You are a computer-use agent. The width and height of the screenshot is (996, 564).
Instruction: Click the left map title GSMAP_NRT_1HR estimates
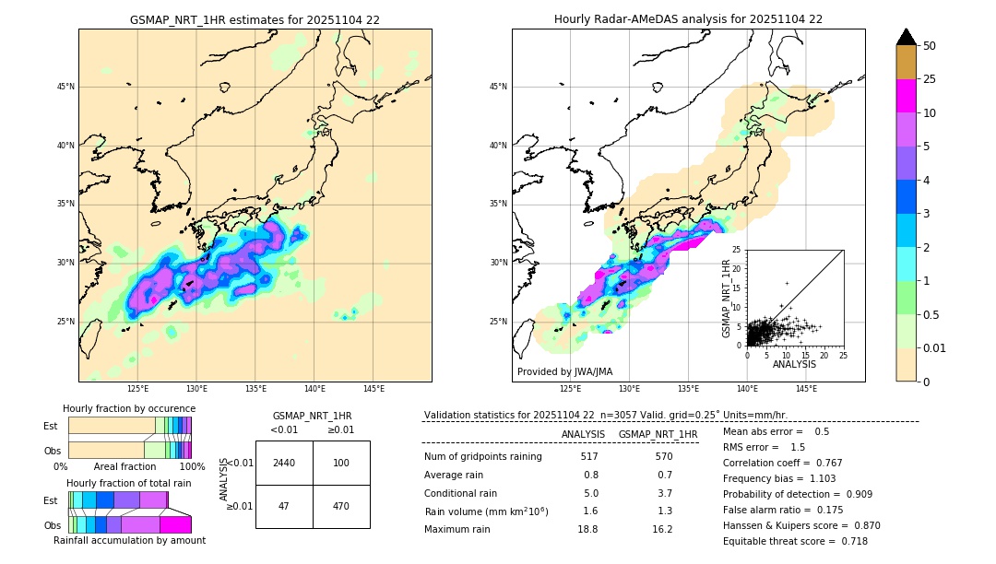coord(255,19)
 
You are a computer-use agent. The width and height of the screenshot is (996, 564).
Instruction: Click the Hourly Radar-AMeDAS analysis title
coord(688,19)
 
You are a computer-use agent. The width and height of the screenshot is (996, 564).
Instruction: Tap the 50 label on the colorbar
coord(930,46)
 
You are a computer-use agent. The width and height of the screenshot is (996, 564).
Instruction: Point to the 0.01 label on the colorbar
coord(935,347)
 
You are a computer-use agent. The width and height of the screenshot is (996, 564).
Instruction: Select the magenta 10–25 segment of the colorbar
coord(906,96)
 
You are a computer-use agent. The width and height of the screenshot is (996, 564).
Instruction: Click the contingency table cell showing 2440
coord(284,463)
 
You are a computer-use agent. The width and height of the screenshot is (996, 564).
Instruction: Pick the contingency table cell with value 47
coord(284,506)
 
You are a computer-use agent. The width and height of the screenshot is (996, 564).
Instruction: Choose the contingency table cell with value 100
coord(341,463)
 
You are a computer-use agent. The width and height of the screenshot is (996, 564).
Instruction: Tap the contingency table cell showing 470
coord(341,506)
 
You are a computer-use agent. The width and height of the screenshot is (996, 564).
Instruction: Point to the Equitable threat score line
coord(795,541)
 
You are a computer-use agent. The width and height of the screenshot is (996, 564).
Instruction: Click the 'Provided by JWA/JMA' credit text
coord(564,372)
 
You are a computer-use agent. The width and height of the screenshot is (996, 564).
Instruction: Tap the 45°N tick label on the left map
coord(65,87)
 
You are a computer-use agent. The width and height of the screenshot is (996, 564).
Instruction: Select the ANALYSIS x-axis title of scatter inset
coord(794,365)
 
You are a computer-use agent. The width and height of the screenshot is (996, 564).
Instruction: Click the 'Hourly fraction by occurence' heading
coord(129,408)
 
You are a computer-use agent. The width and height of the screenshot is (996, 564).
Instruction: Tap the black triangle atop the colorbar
coord(906,37)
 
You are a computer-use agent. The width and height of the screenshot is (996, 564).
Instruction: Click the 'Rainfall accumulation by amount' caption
coord(129,541)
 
